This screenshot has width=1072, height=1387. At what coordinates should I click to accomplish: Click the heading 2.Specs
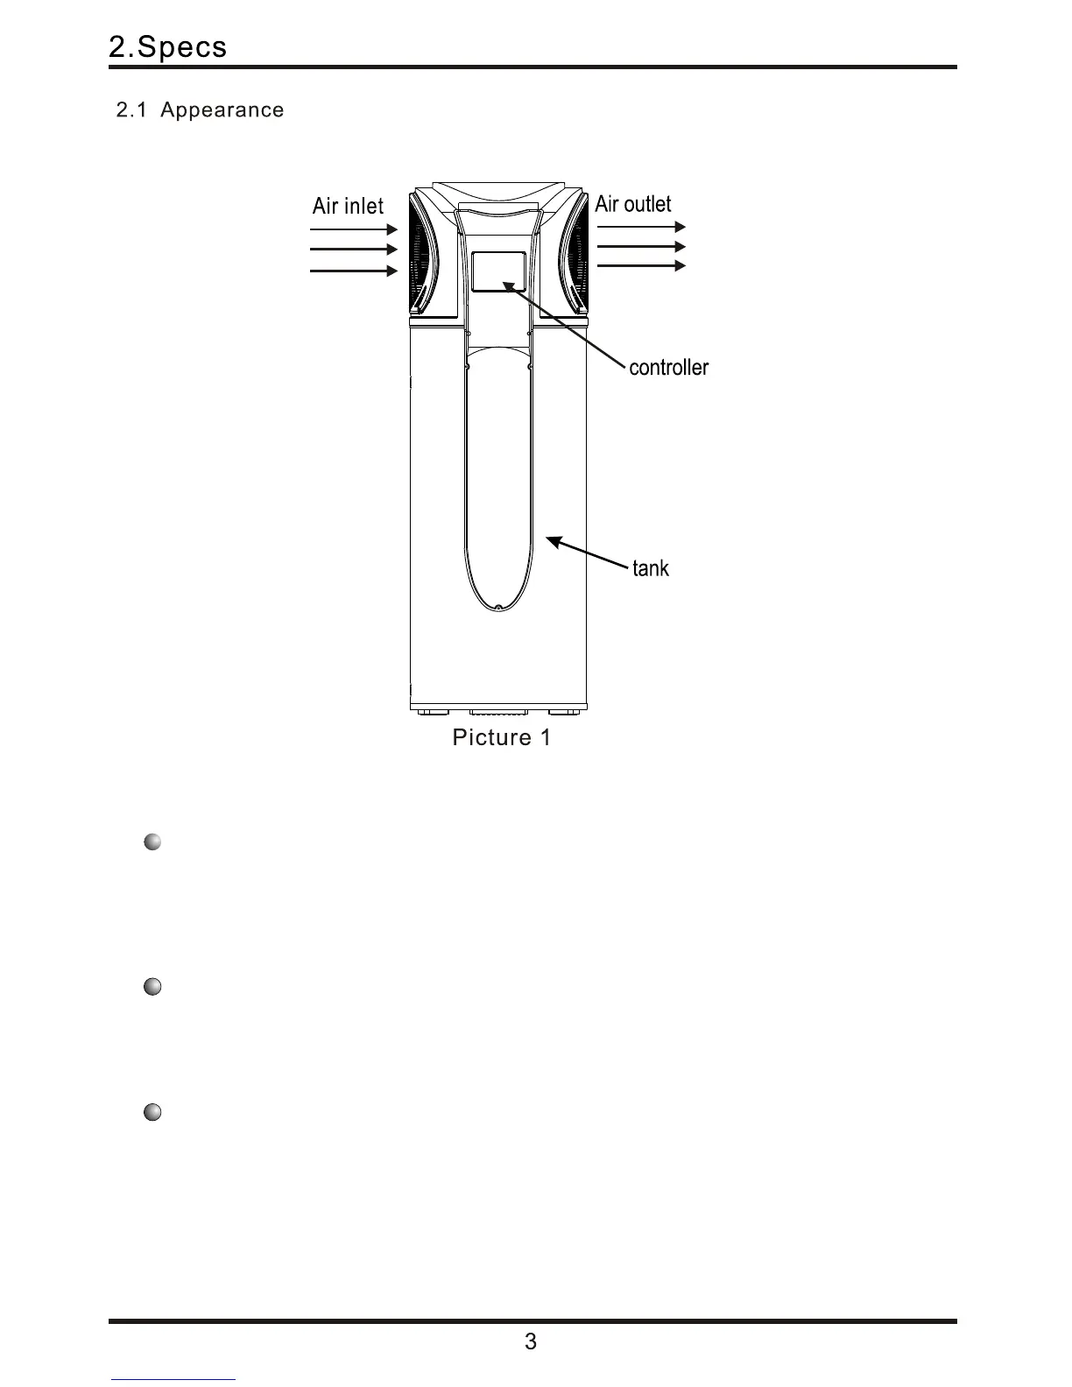167,47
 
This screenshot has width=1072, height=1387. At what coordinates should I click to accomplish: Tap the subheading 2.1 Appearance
200,110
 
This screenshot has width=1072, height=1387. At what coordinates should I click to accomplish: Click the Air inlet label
348,207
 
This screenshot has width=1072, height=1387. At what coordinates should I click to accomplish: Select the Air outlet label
632,204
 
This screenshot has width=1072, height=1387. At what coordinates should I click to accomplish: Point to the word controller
668,367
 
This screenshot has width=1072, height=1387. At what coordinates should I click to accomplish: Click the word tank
650,568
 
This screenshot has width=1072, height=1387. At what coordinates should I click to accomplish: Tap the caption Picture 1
501,737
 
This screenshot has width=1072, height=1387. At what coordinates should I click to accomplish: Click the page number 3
530,1341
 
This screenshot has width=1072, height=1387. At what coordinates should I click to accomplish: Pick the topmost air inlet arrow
354,229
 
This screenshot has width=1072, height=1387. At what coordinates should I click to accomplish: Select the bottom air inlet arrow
354,271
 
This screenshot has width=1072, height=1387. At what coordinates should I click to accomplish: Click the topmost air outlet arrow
640,227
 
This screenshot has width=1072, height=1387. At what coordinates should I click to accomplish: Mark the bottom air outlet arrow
640,265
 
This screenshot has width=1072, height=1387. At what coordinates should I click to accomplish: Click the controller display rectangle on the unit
498,271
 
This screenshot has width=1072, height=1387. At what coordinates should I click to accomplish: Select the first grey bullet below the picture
152,842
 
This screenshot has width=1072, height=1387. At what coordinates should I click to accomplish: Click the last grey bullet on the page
152,1113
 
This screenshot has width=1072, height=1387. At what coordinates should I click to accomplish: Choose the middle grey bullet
152,987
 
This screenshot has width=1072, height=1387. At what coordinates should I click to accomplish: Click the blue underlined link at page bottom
173,1380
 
